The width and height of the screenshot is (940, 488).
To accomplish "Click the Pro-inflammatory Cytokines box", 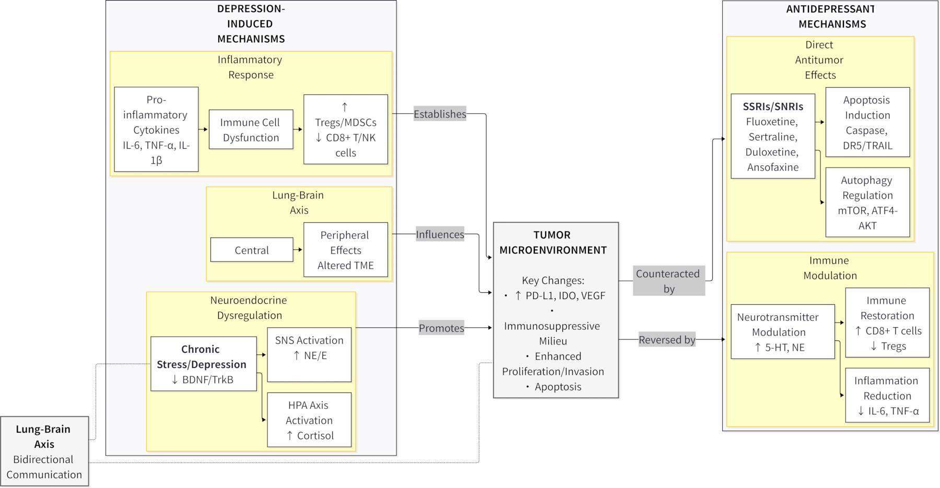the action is point(156,129).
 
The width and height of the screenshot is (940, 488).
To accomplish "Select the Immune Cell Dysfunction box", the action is point(251,129).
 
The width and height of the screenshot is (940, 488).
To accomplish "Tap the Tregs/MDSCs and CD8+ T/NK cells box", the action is point(346,129).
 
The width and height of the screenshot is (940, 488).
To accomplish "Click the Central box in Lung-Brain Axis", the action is point(252,250).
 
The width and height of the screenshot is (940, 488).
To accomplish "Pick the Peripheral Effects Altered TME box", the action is point(346,250).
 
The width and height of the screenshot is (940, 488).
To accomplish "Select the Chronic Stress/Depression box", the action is point(204,364).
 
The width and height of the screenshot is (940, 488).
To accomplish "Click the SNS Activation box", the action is point(309,355).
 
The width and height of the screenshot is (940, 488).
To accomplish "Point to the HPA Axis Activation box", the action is point(309,420).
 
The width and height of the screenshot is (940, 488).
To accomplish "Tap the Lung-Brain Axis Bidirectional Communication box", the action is point(44,451).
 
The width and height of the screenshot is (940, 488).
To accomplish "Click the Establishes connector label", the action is point(440,114).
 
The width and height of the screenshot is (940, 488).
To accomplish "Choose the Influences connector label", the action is point(440,234).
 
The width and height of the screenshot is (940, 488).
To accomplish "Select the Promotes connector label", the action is point(441,328).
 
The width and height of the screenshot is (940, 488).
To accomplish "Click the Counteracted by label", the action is point(669,281).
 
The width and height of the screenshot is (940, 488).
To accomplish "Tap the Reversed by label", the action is point(667,340).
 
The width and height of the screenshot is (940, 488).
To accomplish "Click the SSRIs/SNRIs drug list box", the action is point(773,136).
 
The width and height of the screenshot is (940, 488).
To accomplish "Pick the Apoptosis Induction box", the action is point(867,123).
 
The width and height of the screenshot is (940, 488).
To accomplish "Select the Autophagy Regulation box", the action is point(867,203).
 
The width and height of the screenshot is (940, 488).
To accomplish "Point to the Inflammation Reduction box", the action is point(887,396).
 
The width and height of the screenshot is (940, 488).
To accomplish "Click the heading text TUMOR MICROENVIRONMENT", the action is point(553,243).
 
